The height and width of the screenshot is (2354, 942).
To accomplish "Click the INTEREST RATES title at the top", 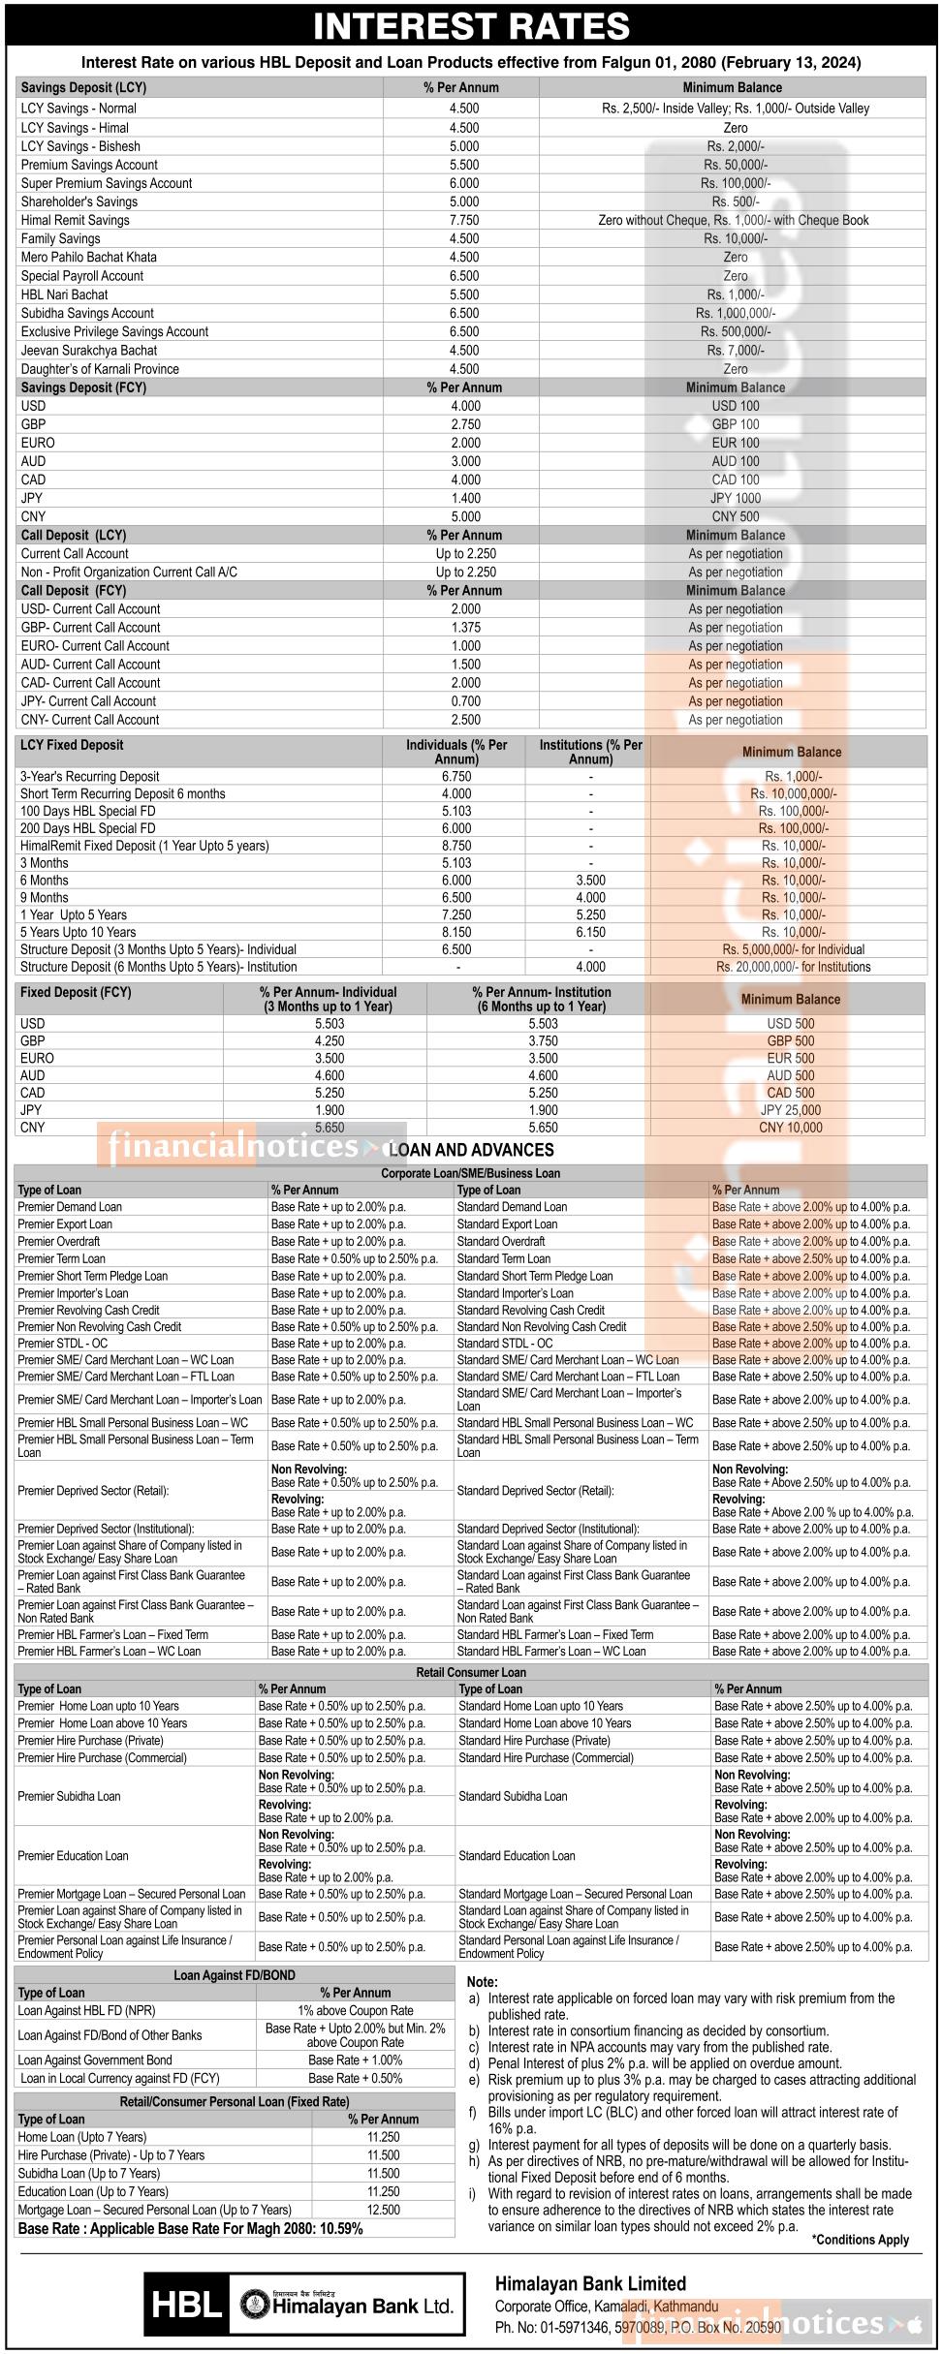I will (471, 25).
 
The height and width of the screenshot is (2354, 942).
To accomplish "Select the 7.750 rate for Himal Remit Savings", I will (463, 220).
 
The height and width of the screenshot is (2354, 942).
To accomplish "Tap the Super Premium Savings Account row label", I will (107, 183).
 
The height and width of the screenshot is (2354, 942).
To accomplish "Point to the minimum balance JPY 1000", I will (735, 498).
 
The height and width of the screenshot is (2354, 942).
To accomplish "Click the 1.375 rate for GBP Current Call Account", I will (465, 628).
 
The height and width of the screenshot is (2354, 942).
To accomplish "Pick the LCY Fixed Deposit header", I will (72, 745).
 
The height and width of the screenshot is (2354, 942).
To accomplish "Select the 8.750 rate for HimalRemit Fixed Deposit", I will (456, 846).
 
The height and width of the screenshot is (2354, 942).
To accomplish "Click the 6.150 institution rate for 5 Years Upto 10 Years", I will (590, 932).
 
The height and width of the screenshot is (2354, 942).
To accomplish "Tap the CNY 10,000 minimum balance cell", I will (790, 1128).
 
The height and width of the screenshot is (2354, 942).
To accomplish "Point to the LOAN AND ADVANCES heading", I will (471, 1150).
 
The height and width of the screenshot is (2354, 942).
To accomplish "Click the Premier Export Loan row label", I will (65, 1224).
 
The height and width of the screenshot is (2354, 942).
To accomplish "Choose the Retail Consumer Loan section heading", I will (471, 1672).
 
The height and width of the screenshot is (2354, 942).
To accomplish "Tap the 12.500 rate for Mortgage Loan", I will (383, 2210).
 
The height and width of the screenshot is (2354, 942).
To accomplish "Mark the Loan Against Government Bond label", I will (95, 2060).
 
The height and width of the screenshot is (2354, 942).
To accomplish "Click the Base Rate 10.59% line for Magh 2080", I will (191, 2228).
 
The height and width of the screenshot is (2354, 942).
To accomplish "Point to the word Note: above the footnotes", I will (482, 1982).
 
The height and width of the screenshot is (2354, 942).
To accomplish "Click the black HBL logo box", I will (187, 2305).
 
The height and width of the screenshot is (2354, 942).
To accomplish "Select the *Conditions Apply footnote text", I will (860, 2239).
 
